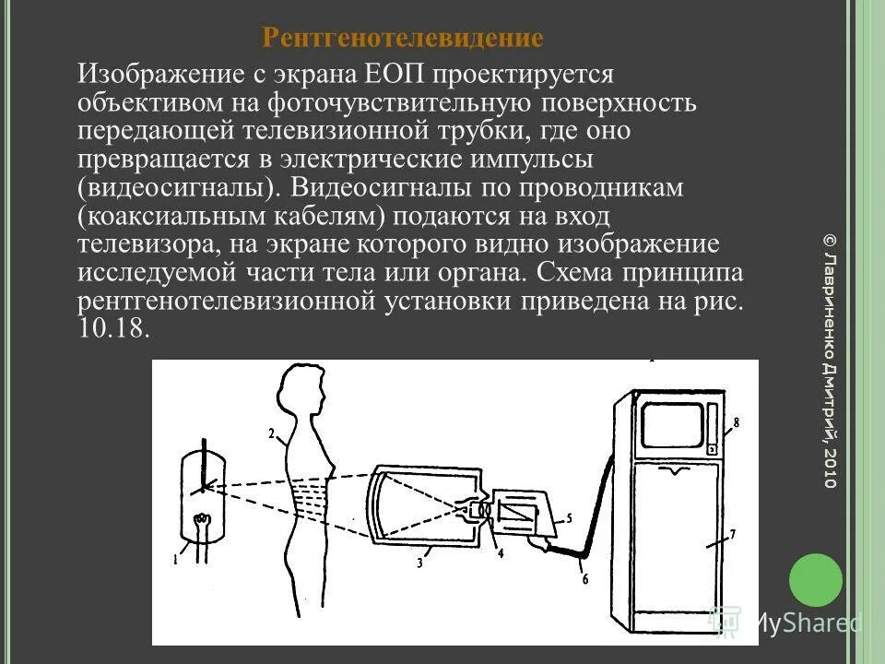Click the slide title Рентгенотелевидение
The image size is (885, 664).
[x=403, y=38]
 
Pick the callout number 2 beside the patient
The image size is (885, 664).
[x=271, y=433]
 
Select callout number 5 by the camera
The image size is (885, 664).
[x=569, y=518]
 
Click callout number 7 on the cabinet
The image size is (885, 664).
[x=732, y=534]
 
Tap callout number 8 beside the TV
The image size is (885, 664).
[x=736, y=423]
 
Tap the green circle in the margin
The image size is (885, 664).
[x=816, y=580]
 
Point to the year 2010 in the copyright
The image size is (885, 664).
[x=829, y=468]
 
